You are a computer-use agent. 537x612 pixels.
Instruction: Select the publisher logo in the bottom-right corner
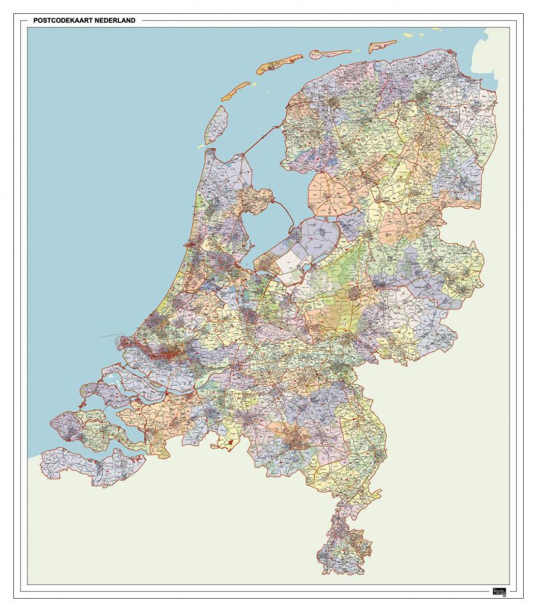pyautogui.click(x=499, y=588)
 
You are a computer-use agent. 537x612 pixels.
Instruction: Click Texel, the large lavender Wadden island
pyautogui.click(x=217, y=124)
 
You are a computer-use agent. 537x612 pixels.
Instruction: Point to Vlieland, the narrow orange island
pyautogui.click(x=236, y=91)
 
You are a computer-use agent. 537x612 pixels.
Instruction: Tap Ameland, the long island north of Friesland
pyautogui.click(x=331, y=52)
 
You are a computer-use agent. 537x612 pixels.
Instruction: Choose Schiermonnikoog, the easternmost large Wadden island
pyautogui.click(x=383, y=46)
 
